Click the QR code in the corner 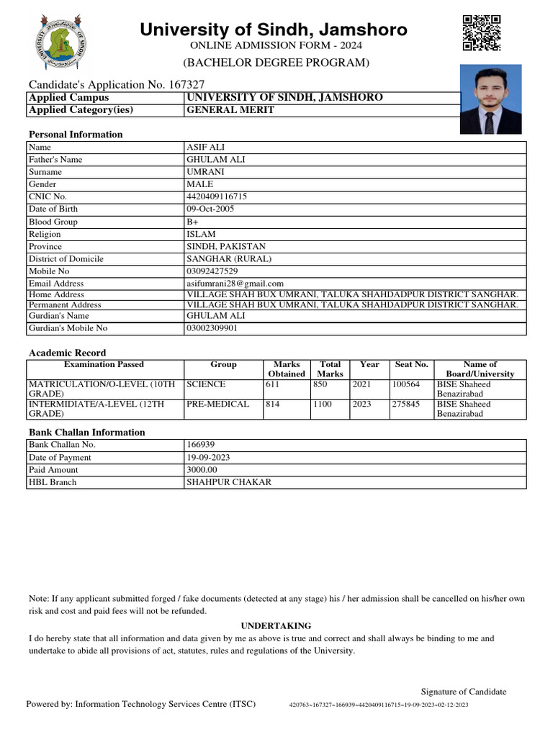(480, 33)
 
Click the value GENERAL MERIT (230, 111)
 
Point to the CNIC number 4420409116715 (217, 196)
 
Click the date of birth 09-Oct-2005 (210, 209)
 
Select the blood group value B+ (192, 222)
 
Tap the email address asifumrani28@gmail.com (235, 284)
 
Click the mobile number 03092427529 (212, 271)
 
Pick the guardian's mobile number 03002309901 (212, 328)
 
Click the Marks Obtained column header (287, 369)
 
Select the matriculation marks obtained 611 (273, 385)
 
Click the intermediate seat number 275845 (406, 404)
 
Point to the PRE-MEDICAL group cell (217, 404)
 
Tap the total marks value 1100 (322, 404)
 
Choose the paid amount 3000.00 (204, 470)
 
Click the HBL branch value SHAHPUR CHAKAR (229, 482)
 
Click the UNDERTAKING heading (276, 626)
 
